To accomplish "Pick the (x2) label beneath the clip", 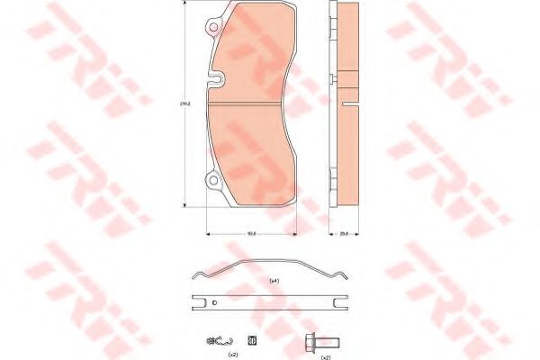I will (x=231, y=355).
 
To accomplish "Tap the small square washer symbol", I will (x=251, y=340).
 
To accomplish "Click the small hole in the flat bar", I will (x=214, y=302).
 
